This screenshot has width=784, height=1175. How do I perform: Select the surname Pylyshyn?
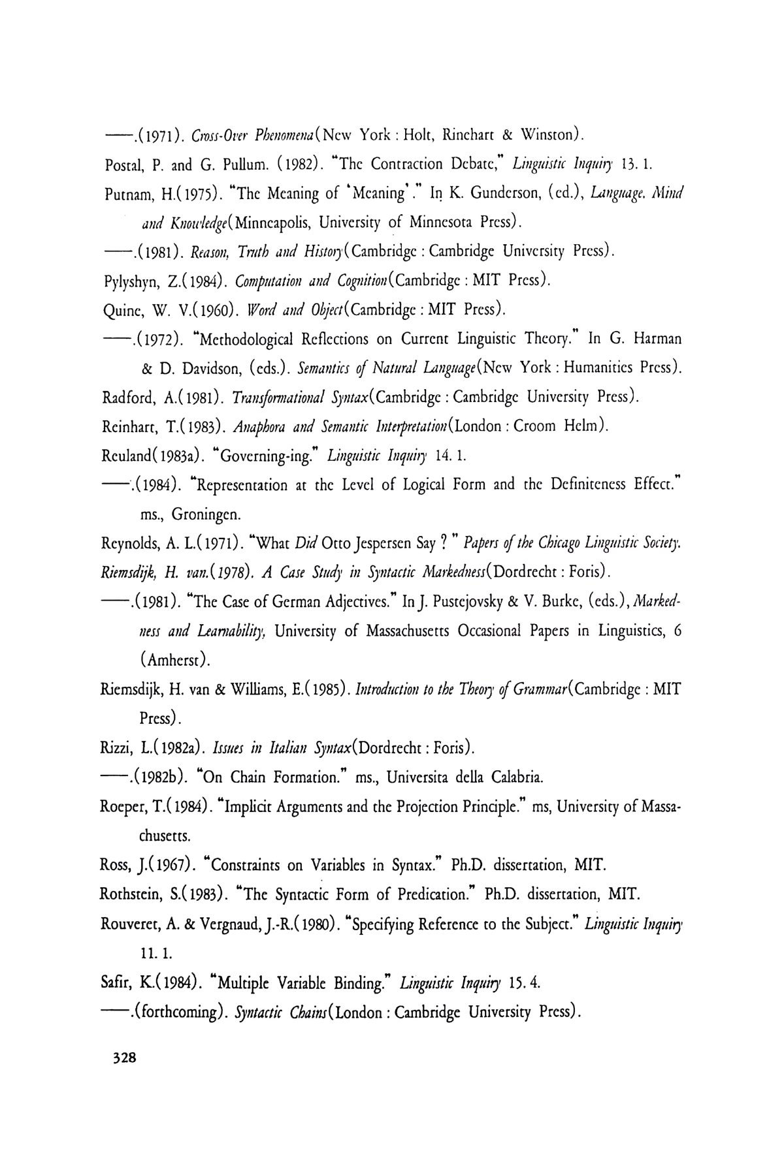[x=131, y=281]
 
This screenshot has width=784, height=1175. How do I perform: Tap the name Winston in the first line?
[x=550, y=135]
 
